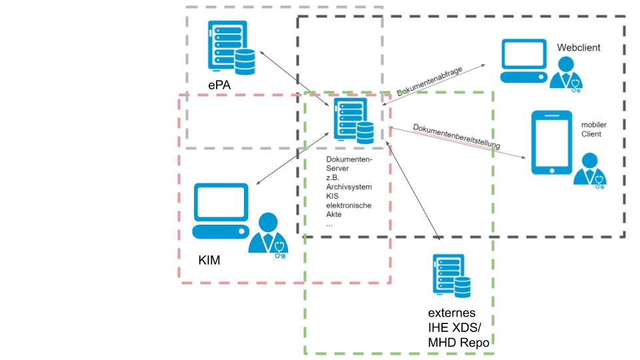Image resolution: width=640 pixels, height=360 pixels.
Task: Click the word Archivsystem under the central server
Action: pos(349,188)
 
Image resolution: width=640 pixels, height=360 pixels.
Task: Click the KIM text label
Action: pos(209,259)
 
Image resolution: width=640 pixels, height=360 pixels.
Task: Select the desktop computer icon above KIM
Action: pos(220,211)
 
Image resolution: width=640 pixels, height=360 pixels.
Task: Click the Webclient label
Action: pos(579,47)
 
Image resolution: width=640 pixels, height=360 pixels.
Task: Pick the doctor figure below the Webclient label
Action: pos(565,73)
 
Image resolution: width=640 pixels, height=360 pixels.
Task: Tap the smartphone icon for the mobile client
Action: pos(551,143)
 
